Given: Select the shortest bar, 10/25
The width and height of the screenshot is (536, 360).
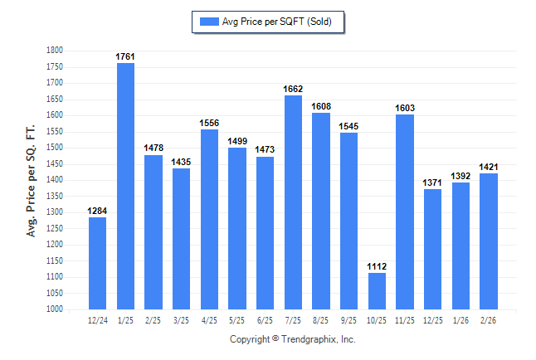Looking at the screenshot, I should pyautogui.click(x=377, y=291).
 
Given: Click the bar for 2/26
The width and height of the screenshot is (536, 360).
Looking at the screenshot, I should pyautogui.click(x=489, y=241).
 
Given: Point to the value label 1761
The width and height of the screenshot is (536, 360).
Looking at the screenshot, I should pyautogui.click(x=125, y=56).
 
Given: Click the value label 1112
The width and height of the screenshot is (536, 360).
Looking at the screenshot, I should pyautogui.click(x=377, y=266).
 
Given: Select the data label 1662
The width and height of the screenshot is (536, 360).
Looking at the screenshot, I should pyautogui.click(x=293, y=89).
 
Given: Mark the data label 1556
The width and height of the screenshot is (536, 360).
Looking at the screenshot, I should pyautogui.click(x=209, y=123).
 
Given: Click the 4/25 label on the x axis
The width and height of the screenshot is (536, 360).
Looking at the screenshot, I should pyautogui.click(x=209, y=319).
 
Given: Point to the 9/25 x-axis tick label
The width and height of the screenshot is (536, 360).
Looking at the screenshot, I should pyautogui.click(x=349, y=319).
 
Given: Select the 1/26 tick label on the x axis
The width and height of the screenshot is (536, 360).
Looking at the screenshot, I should pyautogui.click(x=460, y=319).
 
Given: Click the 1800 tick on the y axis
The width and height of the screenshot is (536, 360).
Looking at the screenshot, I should pyautogui.click(x=55, y=51).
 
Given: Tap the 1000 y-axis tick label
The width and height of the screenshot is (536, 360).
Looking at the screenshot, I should pyautogui.click(x=55, y=309).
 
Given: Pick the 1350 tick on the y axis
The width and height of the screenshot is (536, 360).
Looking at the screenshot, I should pyautogui.click(x=55, y=197).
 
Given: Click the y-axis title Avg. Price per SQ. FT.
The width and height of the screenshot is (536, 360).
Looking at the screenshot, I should pyautogui.click(x=32, y=180).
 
